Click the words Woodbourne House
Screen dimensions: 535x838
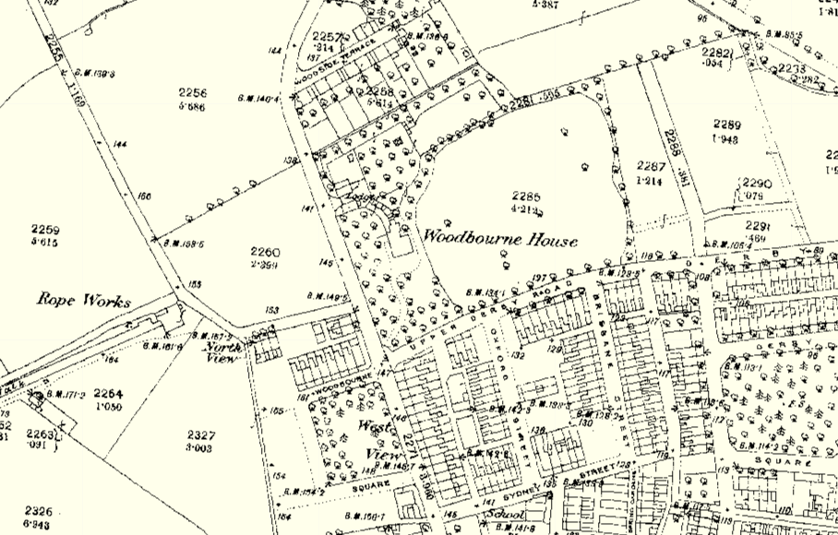click(x=500, y=240)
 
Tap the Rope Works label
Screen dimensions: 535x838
click(x=84, y=300)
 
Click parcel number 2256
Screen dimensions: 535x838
click(x=193, y=93)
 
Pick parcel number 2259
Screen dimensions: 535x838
click(x=44, y=230)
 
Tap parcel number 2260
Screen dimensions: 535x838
click(x=264, y=252)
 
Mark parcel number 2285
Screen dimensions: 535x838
click(x=526, y=196)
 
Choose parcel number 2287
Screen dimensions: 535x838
click(x=651, y=166)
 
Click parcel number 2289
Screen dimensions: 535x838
click(x=727, y=125)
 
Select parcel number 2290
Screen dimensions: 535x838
click(x=757, y=184)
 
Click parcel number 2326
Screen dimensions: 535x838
click(x=39, y=510)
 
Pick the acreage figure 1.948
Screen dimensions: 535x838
click(x=727, y=138)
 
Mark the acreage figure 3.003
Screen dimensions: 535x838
click(x=200, y=447)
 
